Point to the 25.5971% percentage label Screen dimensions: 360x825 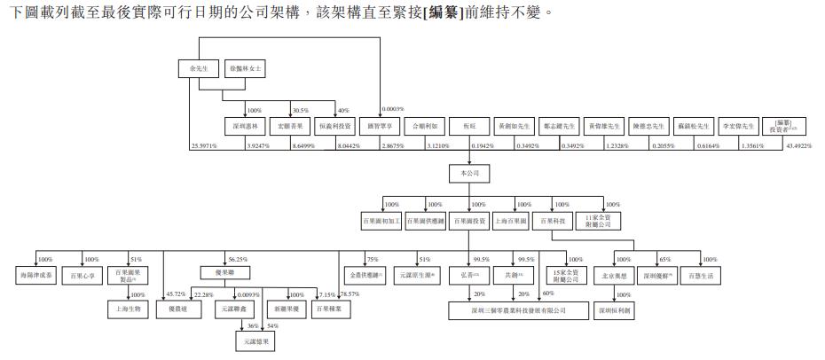pyautogui.click(x=204, y=145)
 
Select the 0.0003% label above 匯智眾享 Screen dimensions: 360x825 pyautogui.click(x=392, y=109)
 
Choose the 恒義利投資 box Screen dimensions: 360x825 pyautogui.click(x=335, y=126)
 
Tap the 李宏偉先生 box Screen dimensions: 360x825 pyautogui.click(x=738, y=126)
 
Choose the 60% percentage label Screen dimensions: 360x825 pyautogui.click(x=548, y=293)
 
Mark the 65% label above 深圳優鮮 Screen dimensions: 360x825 pyautogui.click(x=664, y=260)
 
